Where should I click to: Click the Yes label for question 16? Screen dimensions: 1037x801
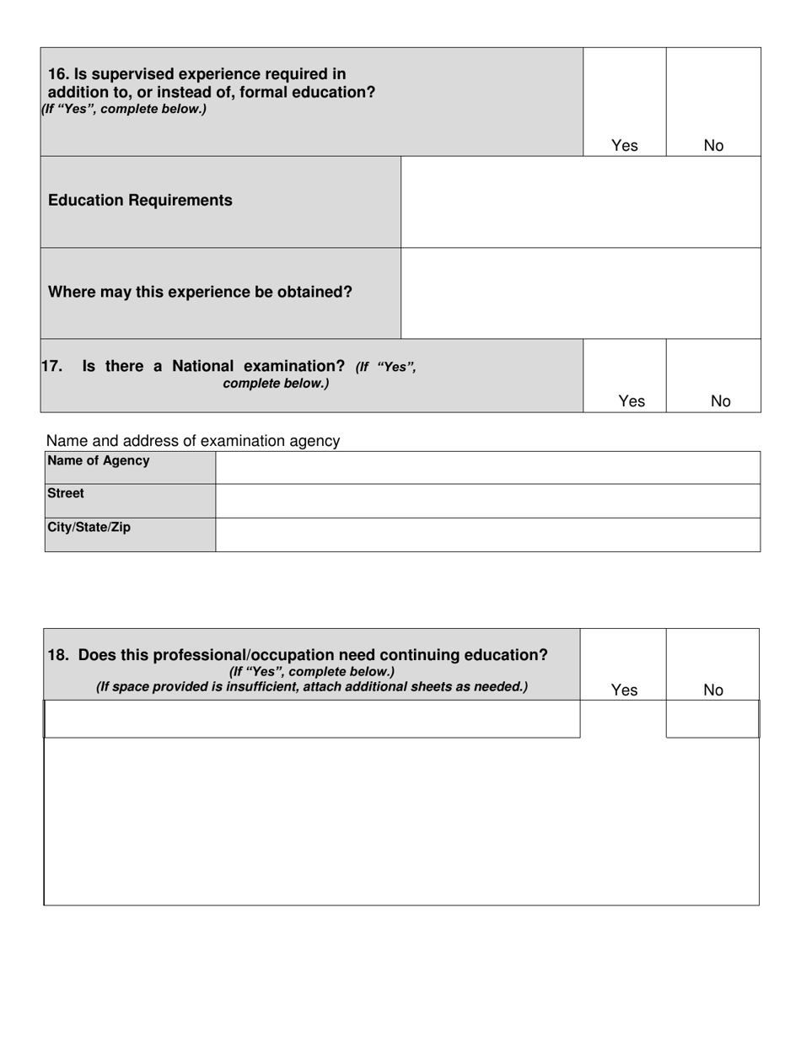point(624,145)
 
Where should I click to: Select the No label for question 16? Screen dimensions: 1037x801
point(713,145)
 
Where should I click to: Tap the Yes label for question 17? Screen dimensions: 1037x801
point(632,401)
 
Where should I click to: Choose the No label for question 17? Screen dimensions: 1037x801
point(721,401)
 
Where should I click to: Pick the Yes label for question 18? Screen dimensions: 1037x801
point(624,690)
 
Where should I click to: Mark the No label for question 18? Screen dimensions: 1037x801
point(713,690)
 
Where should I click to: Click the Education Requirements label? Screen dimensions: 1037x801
point(140,200)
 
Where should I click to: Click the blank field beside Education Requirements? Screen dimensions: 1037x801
point(580,201)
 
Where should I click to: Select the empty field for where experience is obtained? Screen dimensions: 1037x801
point(580,293)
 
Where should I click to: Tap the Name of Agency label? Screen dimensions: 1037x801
point(99,460)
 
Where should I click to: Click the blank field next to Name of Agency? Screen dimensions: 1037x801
point(487,467)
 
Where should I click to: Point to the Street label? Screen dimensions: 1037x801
point(66,493)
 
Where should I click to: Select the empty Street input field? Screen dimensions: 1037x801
point(487,501)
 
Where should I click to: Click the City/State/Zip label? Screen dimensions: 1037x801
point(89,527)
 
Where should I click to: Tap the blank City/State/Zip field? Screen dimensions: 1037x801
point(487,535)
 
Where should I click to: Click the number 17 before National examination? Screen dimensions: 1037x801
point(51,366)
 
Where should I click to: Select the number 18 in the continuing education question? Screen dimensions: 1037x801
point(58,655)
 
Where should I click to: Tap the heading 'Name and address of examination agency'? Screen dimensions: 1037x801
point(193,440)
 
